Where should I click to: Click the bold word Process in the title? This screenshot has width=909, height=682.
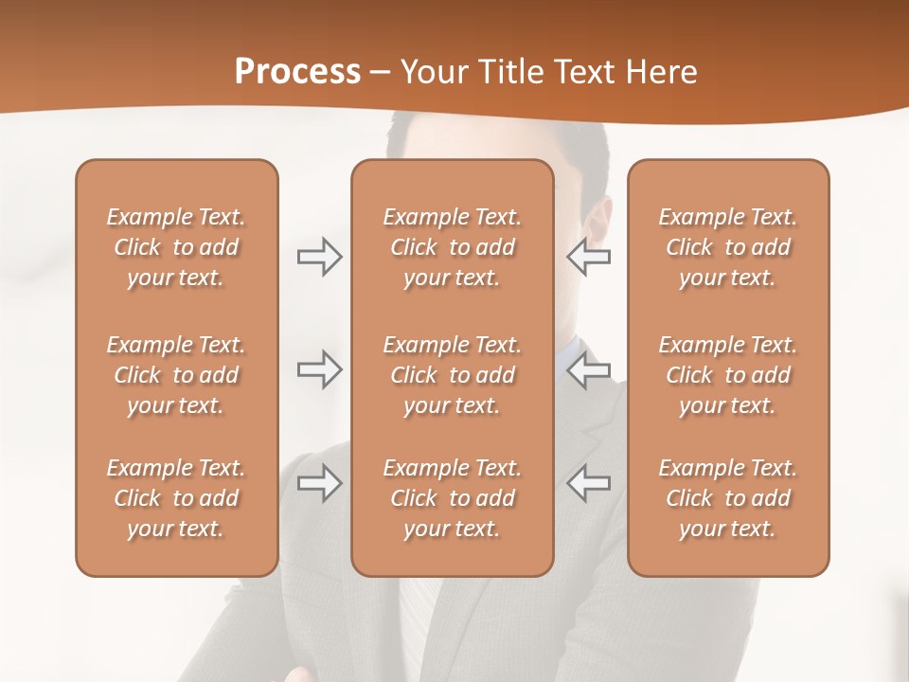coord(297,72)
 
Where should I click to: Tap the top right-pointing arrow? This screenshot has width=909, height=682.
coord(319,257)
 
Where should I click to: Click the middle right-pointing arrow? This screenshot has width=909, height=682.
coord(319,369)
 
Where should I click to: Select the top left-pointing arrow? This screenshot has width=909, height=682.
coord(588,257)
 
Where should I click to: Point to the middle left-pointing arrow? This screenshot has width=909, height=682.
coord(588,369)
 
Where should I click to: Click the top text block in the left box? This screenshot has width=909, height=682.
coord(176,247)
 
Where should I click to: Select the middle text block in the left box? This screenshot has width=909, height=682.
coord(176,375)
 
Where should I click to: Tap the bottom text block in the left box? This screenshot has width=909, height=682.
coord(176,498)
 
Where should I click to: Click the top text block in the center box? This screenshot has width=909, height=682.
coord(452,247)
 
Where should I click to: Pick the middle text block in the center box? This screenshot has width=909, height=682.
coord(452,375)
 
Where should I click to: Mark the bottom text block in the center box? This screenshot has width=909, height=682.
coord(452,498)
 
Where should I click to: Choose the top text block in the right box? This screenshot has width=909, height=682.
coord(727,247)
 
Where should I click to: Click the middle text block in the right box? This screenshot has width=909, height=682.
coord(727,375)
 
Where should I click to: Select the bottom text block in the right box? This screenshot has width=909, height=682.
coord(727,498)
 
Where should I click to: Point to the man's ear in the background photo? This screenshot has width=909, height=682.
coord(597,224)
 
